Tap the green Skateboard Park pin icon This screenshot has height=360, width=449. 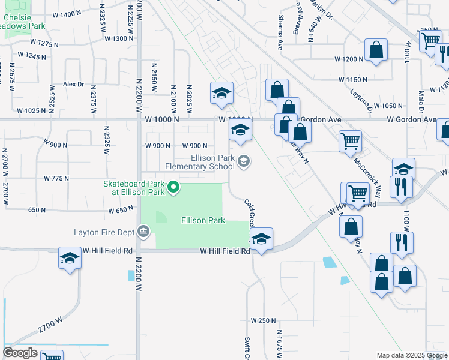pos(174,188)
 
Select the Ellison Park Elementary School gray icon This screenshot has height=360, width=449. pos(244,161)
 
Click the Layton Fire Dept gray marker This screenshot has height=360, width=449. pos(143,231)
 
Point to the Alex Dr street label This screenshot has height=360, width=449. pos(73,85)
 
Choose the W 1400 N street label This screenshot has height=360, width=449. pos(62,14)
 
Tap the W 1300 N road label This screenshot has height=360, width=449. pos(119,38)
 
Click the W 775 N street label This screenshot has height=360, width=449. pos(58,178)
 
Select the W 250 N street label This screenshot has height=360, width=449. pos(263,321)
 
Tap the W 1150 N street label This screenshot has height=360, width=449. pos(353,79)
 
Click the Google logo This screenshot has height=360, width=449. pos(20,353)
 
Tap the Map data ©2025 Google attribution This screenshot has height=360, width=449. pos(411,355)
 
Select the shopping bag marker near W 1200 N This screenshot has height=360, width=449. pos(376,51)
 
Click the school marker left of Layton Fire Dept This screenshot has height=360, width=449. pos(70,259)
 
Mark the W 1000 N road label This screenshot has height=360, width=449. pos(162,119)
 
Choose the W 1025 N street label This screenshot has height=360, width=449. pos(31,110)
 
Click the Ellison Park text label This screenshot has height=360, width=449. pos(203,220)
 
